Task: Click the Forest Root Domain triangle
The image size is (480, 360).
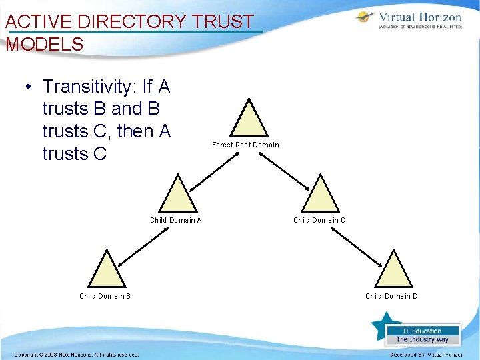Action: point(249,122)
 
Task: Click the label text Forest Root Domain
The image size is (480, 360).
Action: point(245,145)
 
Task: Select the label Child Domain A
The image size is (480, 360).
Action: point(176,220)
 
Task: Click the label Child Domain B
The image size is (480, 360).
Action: point(105,296)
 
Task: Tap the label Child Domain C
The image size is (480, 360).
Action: point(319,220)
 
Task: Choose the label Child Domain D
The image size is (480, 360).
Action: point(391,296)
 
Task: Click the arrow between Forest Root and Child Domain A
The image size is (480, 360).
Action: point(214,171)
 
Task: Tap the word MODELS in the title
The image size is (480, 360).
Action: point(45,45)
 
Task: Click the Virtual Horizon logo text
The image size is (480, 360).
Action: point(420,17)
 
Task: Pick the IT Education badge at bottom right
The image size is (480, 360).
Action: point(422,335)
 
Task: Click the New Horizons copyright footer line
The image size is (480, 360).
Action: point(77,355)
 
